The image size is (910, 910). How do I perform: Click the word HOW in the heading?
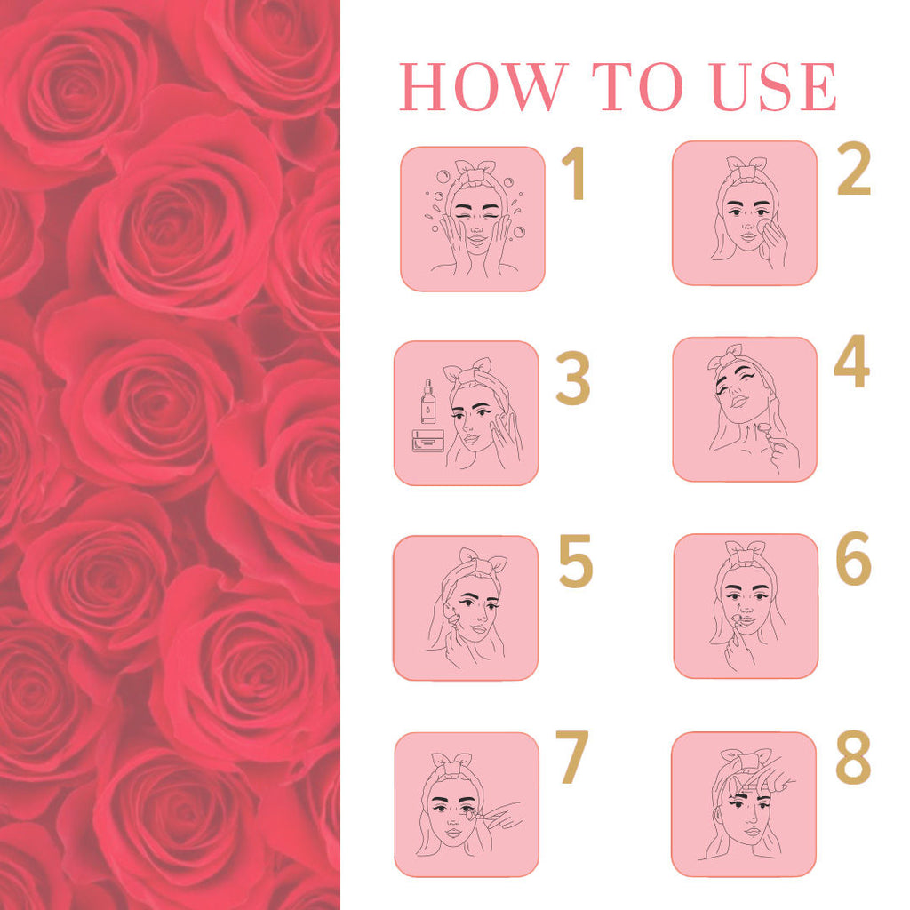tap(483, 86)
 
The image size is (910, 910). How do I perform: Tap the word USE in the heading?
tap(774, 86)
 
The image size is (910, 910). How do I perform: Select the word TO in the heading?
tap(638, 86)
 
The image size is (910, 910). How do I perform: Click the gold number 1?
tap(574, 173)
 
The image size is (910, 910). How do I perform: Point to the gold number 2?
tap(854, 168)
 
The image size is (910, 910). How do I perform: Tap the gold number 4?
tap(852, 361)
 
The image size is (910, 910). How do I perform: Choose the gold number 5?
tap(575, 561)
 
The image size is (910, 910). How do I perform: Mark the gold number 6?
tap(854, 558)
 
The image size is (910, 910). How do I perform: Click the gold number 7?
tap(572, 757)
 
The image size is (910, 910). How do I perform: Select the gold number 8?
tap(853, 757)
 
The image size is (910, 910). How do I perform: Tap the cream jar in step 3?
tap(428, 441)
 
